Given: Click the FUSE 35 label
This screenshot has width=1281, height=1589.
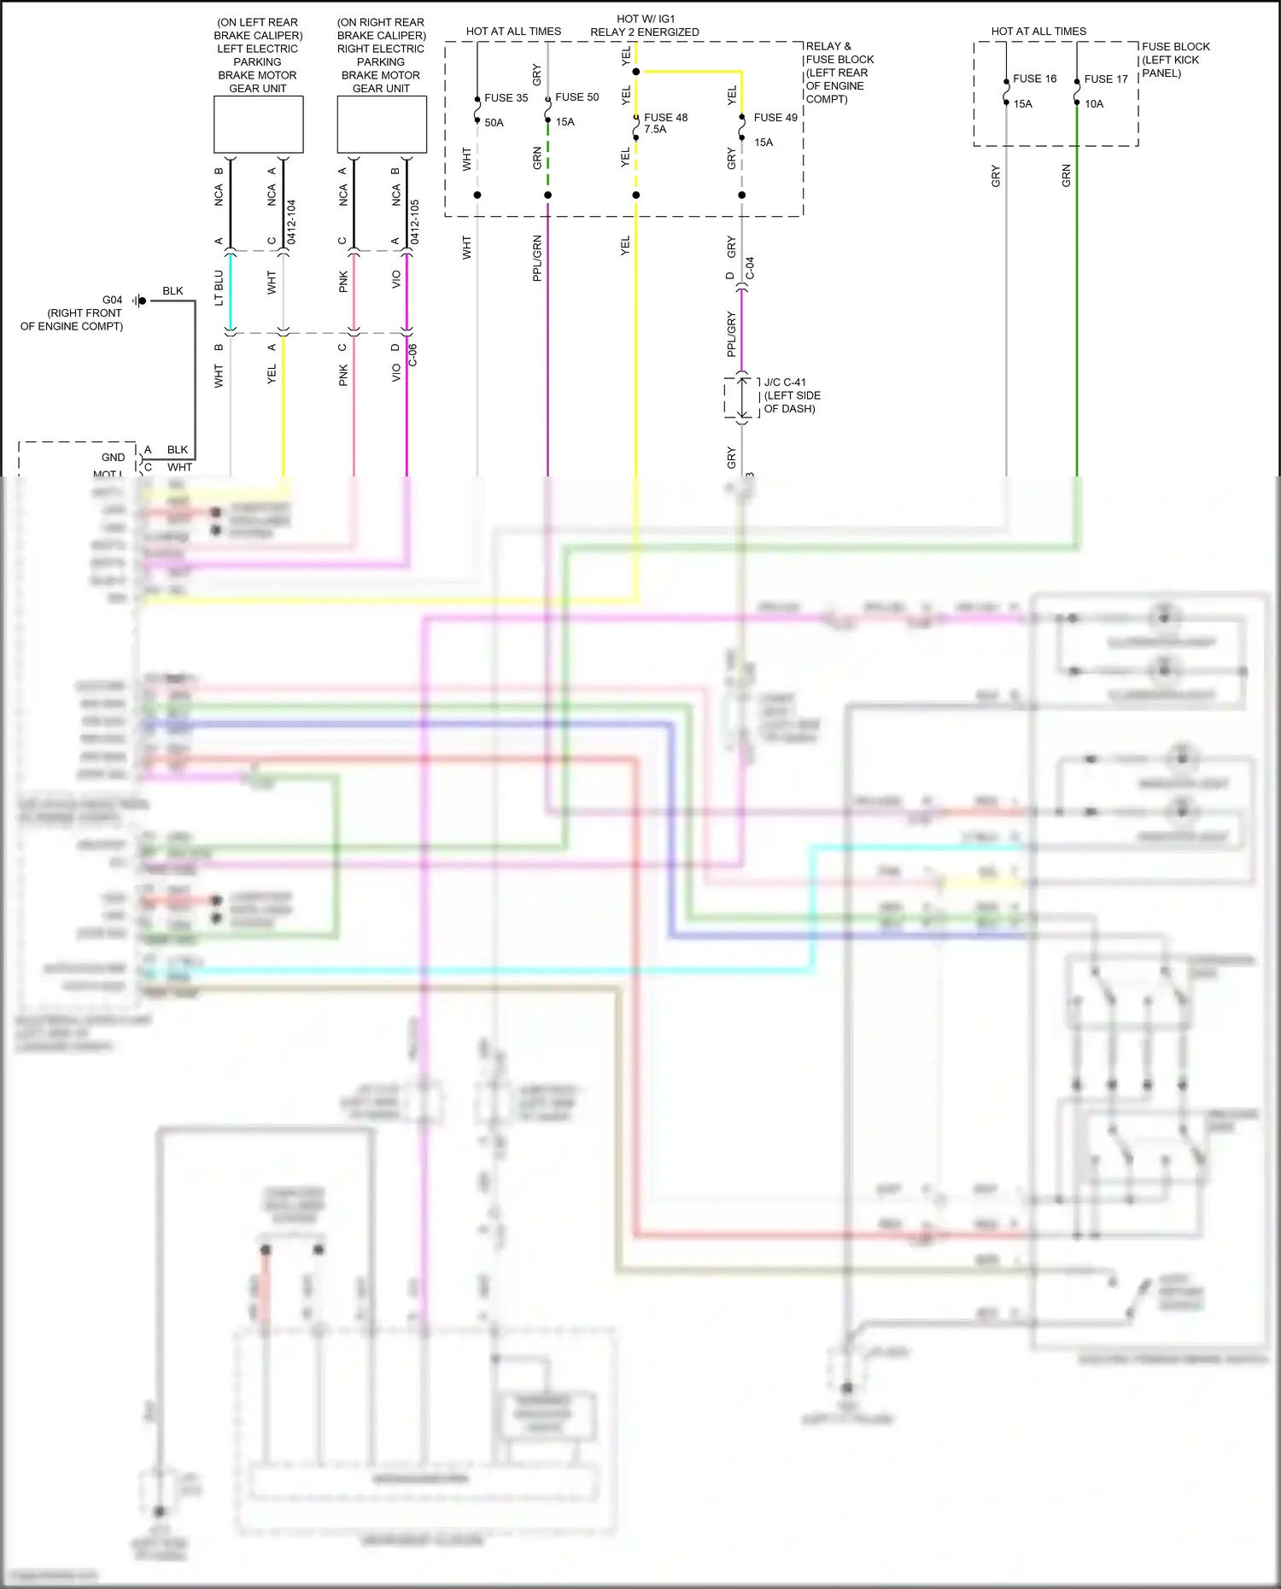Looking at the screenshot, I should click(x=506, y=98).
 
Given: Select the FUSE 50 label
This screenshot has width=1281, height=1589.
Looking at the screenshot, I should click(x=576, y=97).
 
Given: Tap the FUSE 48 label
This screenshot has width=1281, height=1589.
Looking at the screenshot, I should click(x=665, y=118).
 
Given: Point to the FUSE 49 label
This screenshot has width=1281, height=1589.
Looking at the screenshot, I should click(x=775, y=118).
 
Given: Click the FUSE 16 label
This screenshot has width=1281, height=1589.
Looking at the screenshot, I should click(x=1034, y=79).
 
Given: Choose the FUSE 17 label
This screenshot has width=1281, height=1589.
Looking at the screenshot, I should click(x=1105, y=79).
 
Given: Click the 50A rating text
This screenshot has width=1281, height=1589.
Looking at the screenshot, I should click(x=494, y=123).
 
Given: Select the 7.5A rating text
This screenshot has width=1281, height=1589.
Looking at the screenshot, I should click(x=655, y=130).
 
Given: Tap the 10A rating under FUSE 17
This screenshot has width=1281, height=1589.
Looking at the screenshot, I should click(x=1094, y=104).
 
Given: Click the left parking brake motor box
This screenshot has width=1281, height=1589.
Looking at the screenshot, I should click(x=258, y=125).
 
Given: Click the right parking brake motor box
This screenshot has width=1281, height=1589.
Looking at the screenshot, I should click(x=382, y=125).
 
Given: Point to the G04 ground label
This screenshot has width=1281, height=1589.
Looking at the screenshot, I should click(x=112, y=301).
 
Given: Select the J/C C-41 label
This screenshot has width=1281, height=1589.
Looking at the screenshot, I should click(x=784, y=383).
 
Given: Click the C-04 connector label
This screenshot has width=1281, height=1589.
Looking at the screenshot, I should click(x=750, y=268).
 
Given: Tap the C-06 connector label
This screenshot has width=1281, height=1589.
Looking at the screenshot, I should click(x=412, y=355).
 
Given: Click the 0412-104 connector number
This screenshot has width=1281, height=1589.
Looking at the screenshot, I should click(x=291, y=222).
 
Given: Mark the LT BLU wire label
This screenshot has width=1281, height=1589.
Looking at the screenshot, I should click(x=219, y=288).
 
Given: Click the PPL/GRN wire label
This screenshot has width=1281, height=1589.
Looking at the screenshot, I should click(x=537, y=258).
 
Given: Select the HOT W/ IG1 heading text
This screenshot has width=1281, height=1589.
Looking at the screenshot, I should click(x=645, y=19).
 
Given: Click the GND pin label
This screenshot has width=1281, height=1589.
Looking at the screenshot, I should click(x=113, y=458).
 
